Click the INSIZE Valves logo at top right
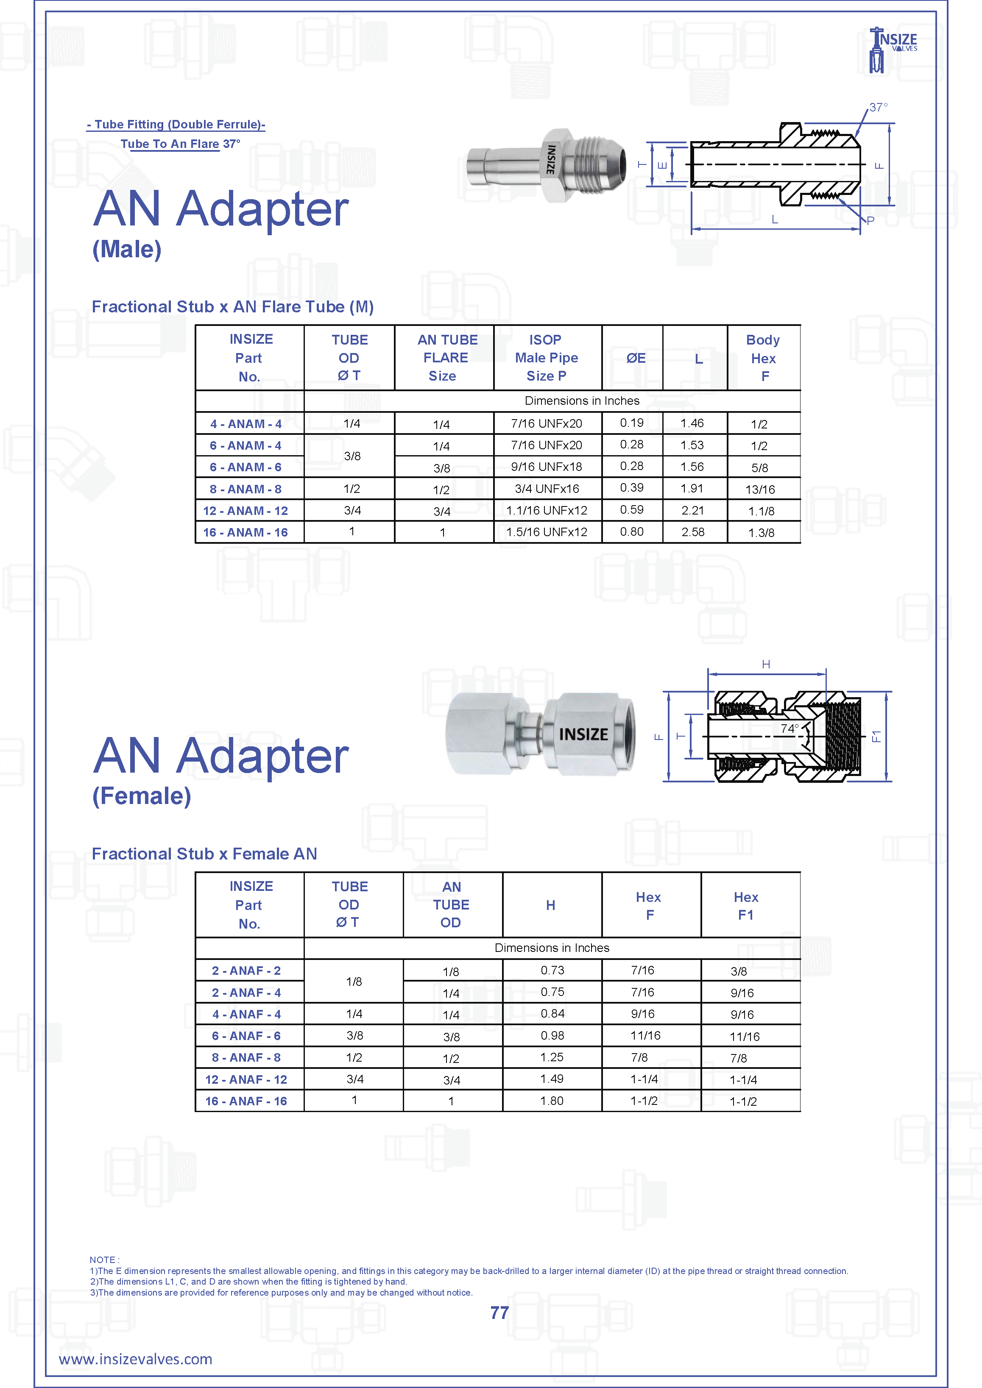click(893, 50)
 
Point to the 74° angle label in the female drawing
click(789, 729)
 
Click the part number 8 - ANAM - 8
click(246, 489)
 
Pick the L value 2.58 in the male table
click(693, 532)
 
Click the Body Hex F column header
click(763, 358)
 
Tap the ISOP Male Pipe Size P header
click(547, 358)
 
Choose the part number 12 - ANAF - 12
click(246, 1079)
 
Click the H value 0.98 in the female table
click(552, 1035)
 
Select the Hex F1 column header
click(745, 906)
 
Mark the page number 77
click(499, 1313)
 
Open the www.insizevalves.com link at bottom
click(135, 1360)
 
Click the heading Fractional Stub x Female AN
click(204, 854)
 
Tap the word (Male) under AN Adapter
click(127, 249)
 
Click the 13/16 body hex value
click(760, 490)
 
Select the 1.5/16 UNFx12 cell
click(547, 532)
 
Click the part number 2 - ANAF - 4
click(246, 993)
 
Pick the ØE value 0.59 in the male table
click(632, 509)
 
